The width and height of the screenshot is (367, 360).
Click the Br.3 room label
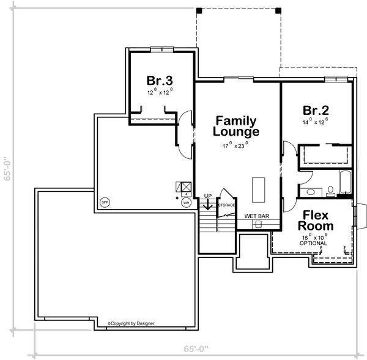point(159,81)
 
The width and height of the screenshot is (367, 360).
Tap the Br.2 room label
point(316,111)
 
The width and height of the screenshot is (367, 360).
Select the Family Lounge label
point(235,126)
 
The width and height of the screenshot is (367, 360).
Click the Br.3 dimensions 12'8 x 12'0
point(159,92)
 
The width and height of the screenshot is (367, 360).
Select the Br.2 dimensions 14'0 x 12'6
point(316,122)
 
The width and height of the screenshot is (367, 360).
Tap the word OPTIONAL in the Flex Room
point(314,243)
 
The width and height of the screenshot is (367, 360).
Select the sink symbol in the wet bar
point(258,224)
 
